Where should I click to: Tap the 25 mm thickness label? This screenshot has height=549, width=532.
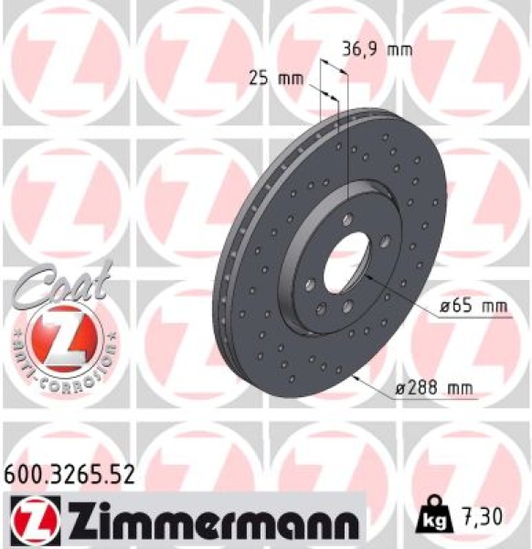click(275, 79)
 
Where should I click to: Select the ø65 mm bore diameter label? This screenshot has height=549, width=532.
click(472, 307)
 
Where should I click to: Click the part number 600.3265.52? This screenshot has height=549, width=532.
click(70, 474)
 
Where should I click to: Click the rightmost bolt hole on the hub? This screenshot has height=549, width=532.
click(386, 241)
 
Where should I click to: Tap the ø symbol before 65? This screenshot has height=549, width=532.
click(442, 308)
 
